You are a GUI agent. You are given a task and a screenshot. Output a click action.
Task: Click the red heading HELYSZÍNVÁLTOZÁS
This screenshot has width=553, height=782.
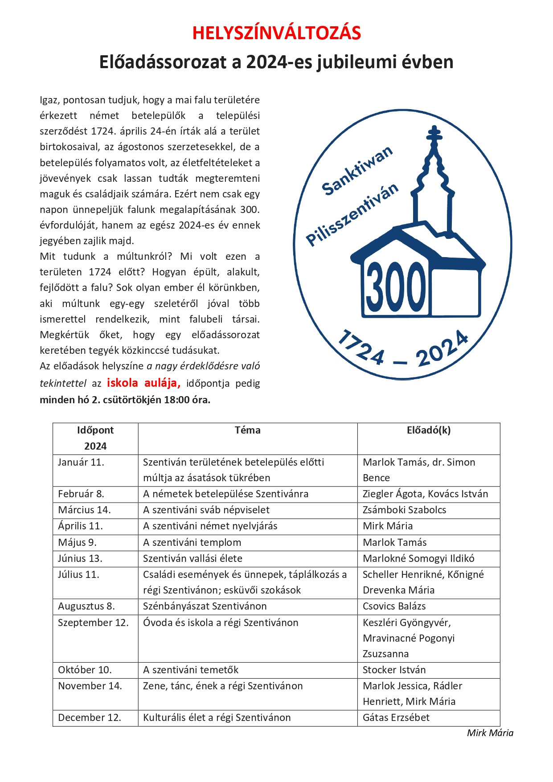coord(276,33)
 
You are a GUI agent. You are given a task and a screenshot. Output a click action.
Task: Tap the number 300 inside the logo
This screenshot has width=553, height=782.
coord(396,287)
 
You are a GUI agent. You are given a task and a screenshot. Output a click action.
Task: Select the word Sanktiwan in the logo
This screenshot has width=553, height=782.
coord(357,171)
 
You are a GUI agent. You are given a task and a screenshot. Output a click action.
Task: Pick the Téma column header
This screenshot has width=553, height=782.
coord(247,430)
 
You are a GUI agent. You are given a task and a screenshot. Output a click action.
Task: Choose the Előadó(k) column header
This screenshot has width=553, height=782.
coord(428,430)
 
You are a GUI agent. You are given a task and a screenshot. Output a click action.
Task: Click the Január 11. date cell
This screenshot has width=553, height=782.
coord(81,463)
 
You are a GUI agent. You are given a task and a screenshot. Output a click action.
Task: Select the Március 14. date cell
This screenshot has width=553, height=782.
coord(84,510)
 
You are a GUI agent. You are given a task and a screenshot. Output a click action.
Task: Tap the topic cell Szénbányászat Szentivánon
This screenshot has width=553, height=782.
coord(205,606)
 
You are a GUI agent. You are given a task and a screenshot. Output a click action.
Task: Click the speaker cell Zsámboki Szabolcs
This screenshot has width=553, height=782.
coord(404,510)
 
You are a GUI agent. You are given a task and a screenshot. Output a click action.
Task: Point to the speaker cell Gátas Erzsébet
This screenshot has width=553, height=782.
coord(396,718)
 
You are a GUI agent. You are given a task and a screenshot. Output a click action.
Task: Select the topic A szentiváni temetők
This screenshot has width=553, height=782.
coord(191,670)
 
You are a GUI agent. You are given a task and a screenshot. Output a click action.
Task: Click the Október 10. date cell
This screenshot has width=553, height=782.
coord(85,670)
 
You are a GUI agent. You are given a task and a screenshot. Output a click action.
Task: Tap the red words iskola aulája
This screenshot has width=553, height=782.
coord(143,383)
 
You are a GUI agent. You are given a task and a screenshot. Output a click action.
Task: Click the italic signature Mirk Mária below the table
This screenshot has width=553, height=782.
coord(490,733)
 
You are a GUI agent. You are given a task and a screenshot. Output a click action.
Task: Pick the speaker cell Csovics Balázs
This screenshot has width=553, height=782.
coord(394,606)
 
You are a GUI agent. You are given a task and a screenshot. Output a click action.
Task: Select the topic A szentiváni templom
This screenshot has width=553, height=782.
coord(192,543)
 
